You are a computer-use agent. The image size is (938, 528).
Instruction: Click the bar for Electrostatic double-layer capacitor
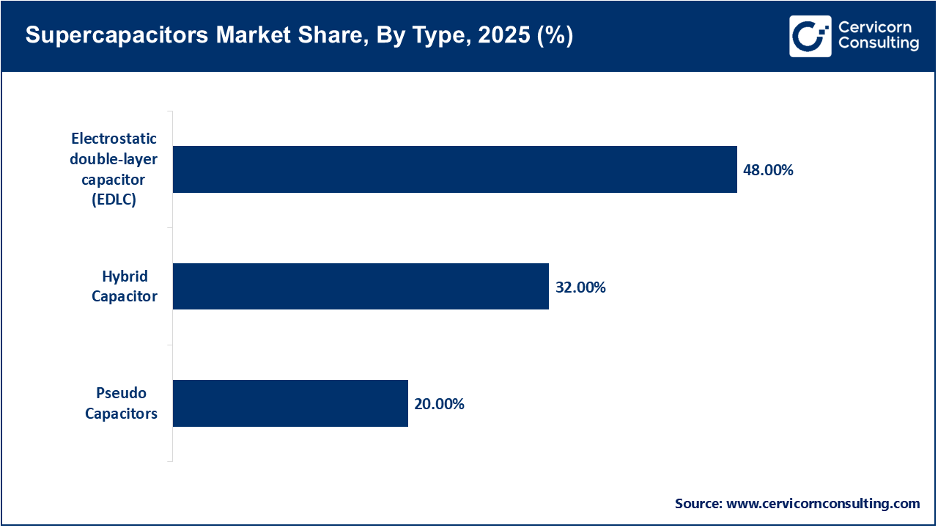coord(454,169)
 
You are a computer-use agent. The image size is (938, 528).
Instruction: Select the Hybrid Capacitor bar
coord(361,286)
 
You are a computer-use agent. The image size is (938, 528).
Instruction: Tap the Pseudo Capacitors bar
coord(290,403)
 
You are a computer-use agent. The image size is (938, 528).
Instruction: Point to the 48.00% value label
coord(769,170)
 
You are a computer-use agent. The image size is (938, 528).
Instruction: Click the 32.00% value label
coord(580,287)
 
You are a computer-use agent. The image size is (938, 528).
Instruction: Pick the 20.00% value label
coord(439,404)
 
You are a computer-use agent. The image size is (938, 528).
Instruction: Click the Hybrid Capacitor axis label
coord(125,287)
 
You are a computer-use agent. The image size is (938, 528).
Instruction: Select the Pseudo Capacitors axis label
coord(121,404)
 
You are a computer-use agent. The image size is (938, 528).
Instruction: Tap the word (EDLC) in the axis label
coord(114,199)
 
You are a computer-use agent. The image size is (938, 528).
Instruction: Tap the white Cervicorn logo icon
coord(810,36)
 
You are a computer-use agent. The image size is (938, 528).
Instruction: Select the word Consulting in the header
coord(879,44)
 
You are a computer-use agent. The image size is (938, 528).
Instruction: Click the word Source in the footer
coord(698,504)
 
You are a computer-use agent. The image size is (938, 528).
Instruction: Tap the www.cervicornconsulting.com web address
coord(823,504)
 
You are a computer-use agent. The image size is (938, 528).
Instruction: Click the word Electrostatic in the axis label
coord(114,139)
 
